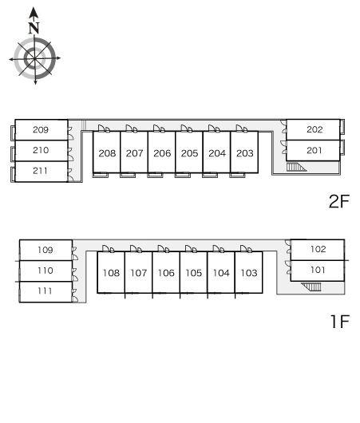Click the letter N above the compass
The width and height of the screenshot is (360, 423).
coord(34,28)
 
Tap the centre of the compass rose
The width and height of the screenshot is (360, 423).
coord(35,58)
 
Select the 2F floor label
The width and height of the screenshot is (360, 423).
coord(339,201)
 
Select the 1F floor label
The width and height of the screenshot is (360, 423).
coord(340,321)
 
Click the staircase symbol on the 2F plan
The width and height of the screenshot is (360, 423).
coord(296,167)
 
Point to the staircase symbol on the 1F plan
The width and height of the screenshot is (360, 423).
coord(311,287)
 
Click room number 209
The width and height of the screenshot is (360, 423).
coord(41,130)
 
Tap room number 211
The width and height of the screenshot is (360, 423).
coord(40,171)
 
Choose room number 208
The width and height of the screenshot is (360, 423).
coord(107,153)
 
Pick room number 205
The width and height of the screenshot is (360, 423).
coord(190,153)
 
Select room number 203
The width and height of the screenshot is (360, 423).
coord(245,153)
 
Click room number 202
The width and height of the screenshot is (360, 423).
coord(315,129)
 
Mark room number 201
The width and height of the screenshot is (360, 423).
coord(315,150)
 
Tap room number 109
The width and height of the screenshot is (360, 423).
coord(45,250)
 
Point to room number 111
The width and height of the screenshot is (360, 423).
coord(45,291)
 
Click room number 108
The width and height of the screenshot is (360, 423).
coord(111,273)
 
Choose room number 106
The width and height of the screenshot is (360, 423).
coord(166,273)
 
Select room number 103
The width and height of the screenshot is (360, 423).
coord(249,273)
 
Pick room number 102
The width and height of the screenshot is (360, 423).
coord(318,249)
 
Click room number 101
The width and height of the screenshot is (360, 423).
coord(318,270)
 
